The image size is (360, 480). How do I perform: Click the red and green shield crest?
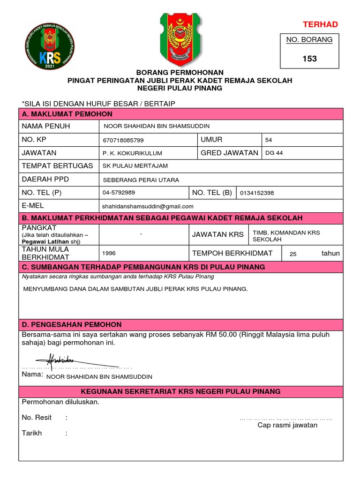click(180, 38)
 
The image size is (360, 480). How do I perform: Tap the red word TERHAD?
click(320, 24)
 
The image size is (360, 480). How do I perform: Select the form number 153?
click(309, 59)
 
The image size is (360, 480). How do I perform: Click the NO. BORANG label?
click(309, 40)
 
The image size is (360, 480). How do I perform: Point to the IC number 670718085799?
click(123, 140)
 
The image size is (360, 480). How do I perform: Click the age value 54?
click(269, 140)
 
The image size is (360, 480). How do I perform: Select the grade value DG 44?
click(274, 153)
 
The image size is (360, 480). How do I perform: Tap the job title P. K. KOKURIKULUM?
click(132, 153)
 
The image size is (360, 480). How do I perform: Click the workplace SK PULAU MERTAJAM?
click(135, 166)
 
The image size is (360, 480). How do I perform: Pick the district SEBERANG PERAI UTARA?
click(141, 180)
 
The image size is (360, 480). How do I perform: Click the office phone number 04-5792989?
click(119, 193)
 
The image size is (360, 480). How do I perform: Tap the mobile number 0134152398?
click(257, 193)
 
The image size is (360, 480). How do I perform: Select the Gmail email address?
click(148, 206)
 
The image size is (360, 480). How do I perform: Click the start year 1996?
click(109, 253)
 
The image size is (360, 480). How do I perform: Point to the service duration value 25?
click(293, 254)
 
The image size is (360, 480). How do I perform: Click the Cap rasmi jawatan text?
click(287, 425)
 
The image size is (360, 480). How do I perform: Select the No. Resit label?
click(37, 417)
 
